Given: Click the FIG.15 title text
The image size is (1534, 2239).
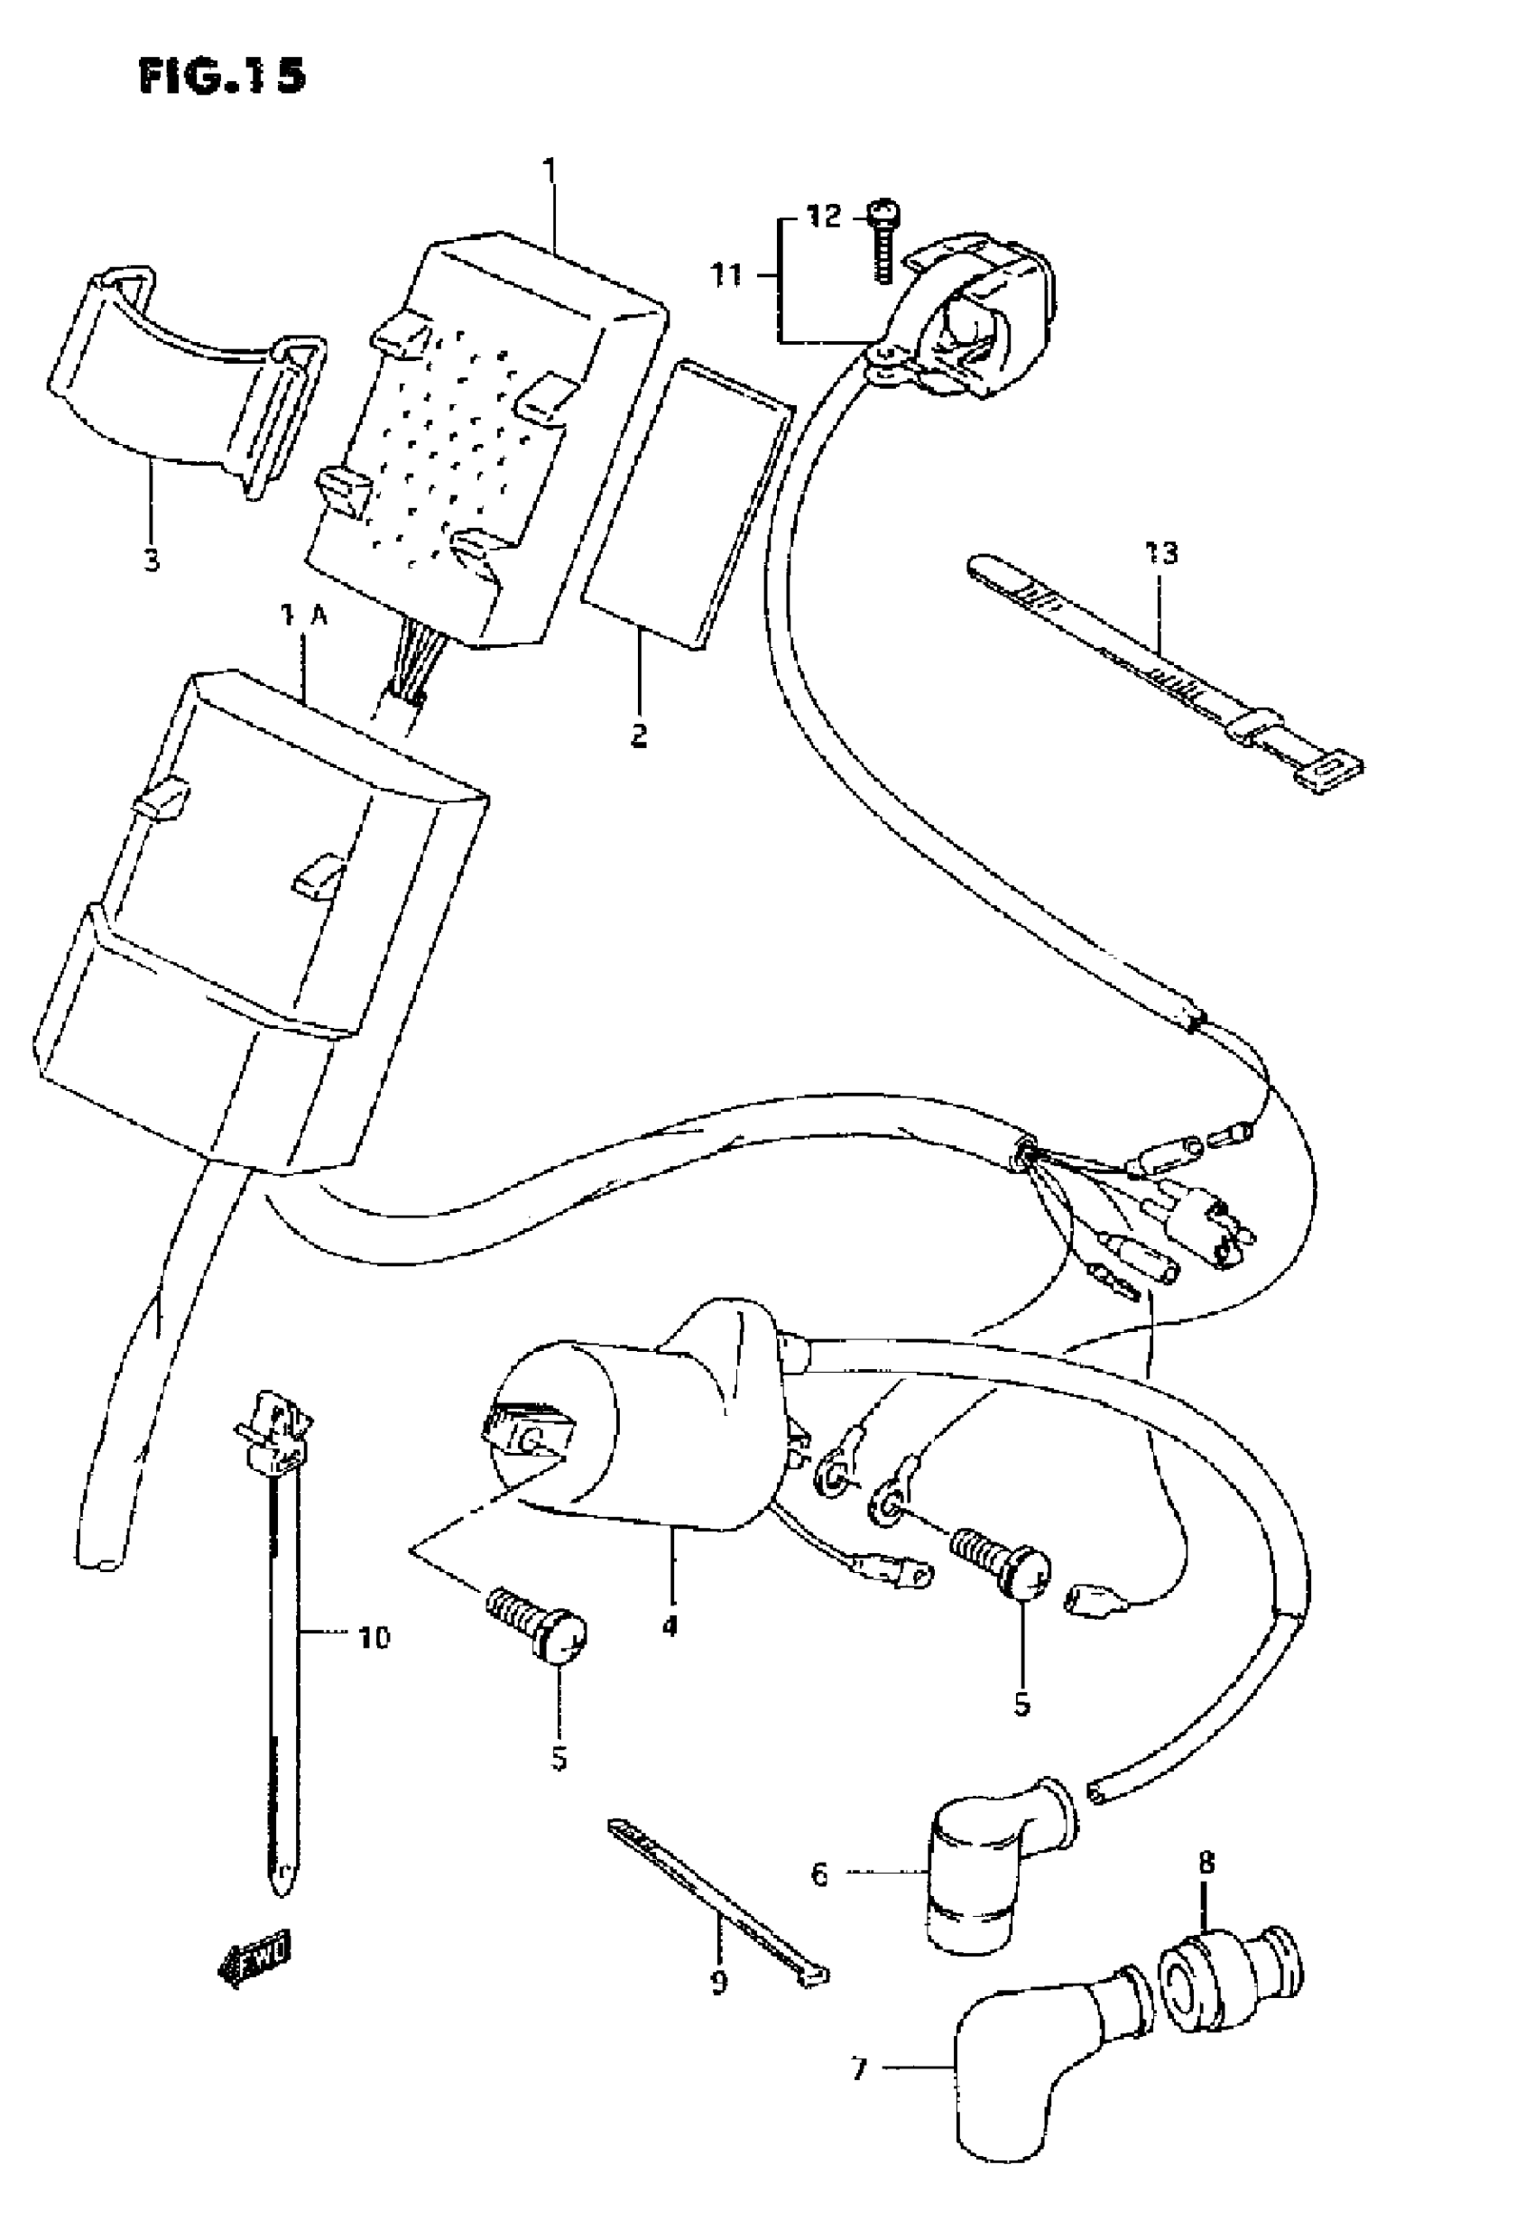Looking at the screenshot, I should coord(223,75).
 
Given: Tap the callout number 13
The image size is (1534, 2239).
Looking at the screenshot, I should coord(1161,553).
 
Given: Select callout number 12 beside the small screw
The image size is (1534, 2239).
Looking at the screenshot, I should coord(824,216).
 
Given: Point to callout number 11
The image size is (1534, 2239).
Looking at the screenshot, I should coord(726,275).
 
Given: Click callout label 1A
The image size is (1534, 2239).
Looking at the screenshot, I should coord(304,616).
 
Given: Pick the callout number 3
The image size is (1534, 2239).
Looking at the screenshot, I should coord(152,560).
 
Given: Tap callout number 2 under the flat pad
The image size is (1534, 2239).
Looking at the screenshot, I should coord(639,736).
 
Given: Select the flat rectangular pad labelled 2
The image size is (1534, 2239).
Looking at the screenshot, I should coord(689,501).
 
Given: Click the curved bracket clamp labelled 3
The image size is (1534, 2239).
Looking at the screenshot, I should coord(183,375).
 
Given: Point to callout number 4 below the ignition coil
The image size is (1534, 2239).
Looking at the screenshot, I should coord(670,1625).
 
